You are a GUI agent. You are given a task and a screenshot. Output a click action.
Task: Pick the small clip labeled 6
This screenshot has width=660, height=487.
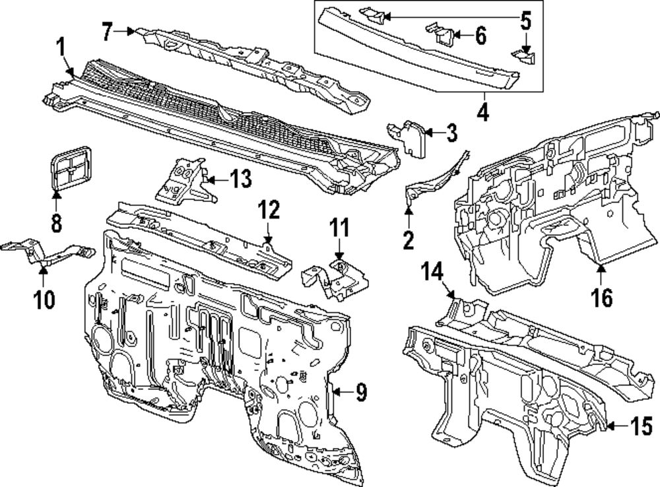click(x=444, y=34)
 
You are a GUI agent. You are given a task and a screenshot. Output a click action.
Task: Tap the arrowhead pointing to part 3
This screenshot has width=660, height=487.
click(x=428, y=133)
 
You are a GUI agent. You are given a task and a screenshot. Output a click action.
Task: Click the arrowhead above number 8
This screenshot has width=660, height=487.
click(x=56, y=193)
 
